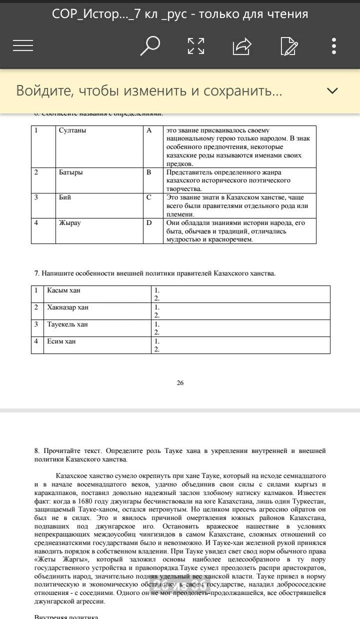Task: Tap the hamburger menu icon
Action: point(23,46)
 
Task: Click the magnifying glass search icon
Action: point(149,46)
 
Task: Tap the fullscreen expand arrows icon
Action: point(196,46)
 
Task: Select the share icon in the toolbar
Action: point(242,46)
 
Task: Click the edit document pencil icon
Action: point(289,46)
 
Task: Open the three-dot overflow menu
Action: point(334,46)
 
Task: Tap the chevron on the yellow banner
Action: point(332,90)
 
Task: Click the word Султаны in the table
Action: point(72,130)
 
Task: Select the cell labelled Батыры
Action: point(71,172)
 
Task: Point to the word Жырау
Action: point(69,223)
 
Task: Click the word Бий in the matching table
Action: point(65,197)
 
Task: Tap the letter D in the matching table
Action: point(149,223)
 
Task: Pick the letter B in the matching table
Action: point(149,172)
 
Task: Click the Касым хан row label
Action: point(63,290)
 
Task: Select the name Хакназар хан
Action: point(67,307)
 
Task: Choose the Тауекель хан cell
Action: point(67,324)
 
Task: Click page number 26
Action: point(180,383)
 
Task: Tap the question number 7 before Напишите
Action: point(36,273)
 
